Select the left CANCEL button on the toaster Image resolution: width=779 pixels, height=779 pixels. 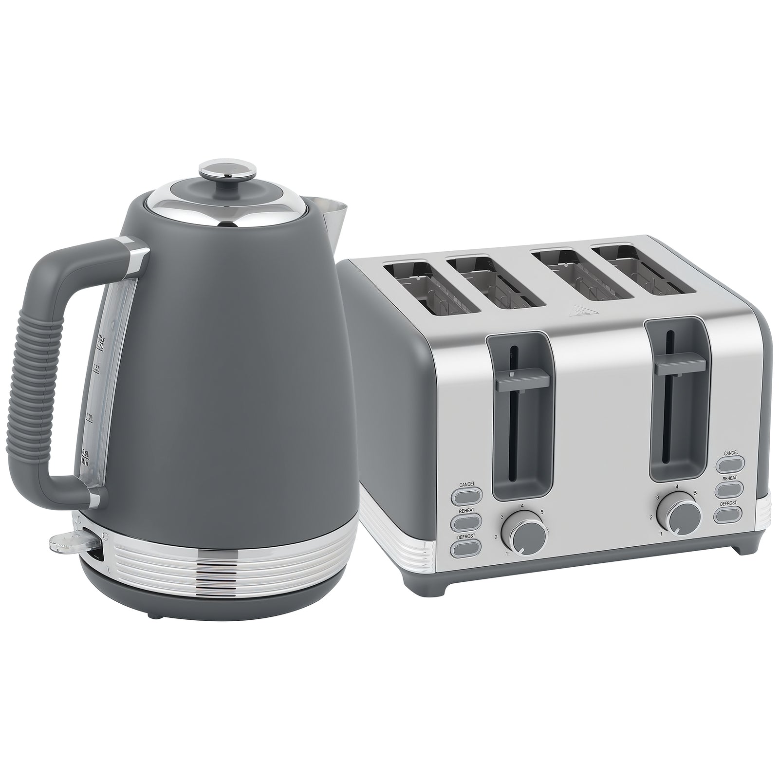pos(466,496)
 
